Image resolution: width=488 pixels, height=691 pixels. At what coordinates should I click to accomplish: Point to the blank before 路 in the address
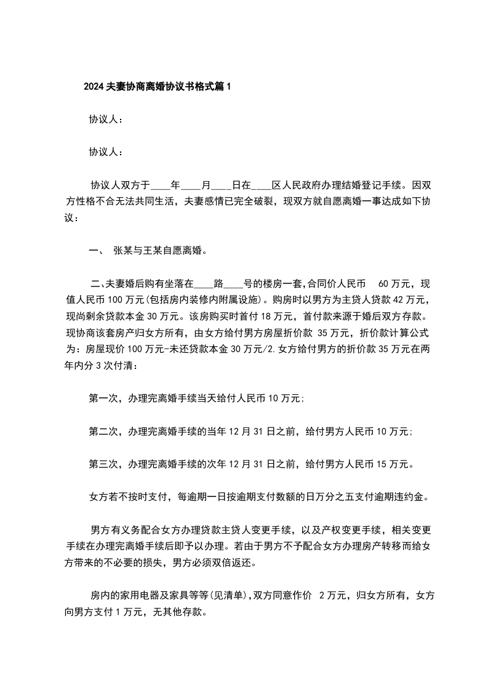click(x=203, y=284)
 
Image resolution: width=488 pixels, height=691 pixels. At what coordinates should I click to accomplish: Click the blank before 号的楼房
click(x=233, y=284)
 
